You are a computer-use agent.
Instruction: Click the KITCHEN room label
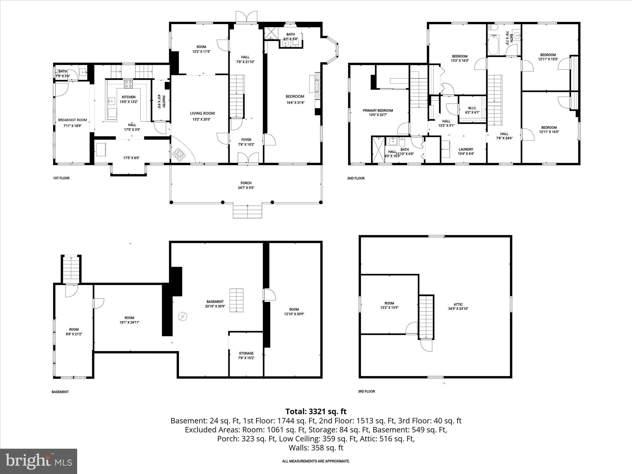click(128, 97)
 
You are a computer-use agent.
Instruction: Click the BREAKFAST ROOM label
click(73, 120)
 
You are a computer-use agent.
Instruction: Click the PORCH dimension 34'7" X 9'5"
click(246, 188)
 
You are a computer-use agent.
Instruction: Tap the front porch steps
click(247, 212)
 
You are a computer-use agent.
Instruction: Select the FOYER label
click(246, 140)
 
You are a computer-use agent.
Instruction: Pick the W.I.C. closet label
click(472, 108)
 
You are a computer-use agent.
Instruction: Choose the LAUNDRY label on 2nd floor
click(466, 149)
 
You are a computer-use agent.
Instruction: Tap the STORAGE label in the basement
click(246, 353)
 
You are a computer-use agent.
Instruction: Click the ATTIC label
click(458, 304)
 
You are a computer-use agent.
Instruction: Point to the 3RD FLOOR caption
click(366, 391)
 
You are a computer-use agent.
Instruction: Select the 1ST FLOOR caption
click(61, 178)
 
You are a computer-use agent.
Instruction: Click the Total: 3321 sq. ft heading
click(316, 411)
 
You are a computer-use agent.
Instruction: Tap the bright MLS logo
click(39, 461)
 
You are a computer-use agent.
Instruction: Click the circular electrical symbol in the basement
click(183, 317)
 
